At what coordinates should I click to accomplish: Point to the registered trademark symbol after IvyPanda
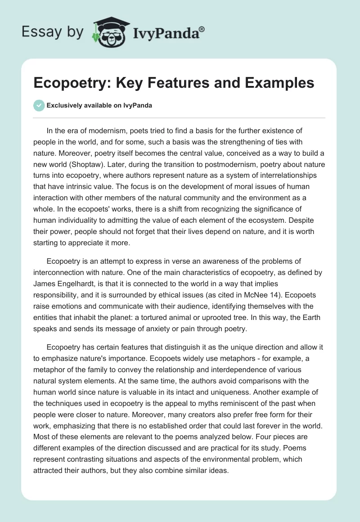coord(202,29)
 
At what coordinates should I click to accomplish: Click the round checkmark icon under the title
coord(39,105)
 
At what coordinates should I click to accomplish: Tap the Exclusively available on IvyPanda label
coord(99,105)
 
